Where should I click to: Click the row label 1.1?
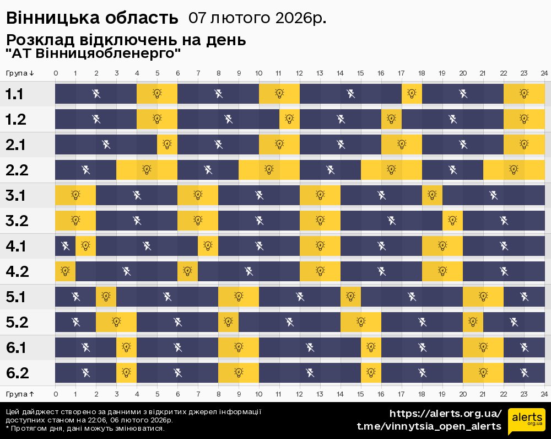coord(15,94)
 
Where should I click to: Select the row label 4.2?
coord(17,271)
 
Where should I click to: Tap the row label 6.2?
coord(17,373)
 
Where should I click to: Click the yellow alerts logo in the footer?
coord(526,420)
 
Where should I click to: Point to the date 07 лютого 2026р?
coord(257,18)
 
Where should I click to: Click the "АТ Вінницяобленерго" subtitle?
coord(94,54)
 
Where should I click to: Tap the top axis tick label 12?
coord(300,73)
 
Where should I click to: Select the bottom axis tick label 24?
coord(544,394)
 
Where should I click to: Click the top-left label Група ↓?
coord(20,73)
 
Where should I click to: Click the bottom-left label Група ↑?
coord(20,394)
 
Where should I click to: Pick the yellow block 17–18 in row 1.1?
coord(412,94)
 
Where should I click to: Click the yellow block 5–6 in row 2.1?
coord(167,144)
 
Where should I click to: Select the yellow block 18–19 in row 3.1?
coord(432,195)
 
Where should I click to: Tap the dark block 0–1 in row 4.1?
coord(65,246)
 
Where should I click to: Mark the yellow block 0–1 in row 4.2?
coord(65,271)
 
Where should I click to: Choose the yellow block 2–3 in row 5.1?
coord(106,297)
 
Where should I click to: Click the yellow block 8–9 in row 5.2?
coord(228,322)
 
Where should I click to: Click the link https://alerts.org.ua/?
coord(445,414)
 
